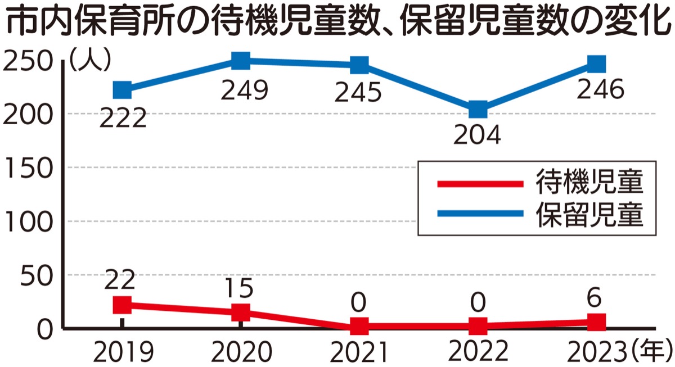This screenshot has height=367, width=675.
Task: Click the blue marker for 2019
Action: (122, 90)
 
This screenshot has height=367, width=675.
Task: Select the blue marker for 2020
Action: (241, 61)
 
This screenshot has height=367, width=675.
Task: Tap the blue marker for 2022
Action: (478, 109)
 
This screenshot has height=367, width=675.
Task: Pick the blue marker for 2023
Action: (596, 64)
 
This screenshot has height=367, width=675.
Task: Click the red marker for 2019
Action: (122, 305)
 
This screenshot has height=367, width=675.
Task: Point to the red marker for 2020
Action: (241, 312)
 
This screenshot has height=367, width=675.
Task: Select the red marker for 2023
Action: (596, 322)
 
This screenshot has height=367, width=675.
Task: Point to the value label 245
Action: (358, 93)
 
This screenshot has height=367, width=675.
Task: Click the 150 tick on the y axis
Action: (29, 167)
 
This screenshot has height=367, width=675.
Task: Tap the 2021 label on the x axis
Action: (358, 352)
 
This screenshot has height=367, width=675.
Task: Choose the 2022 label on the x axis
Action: (478, 352)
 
